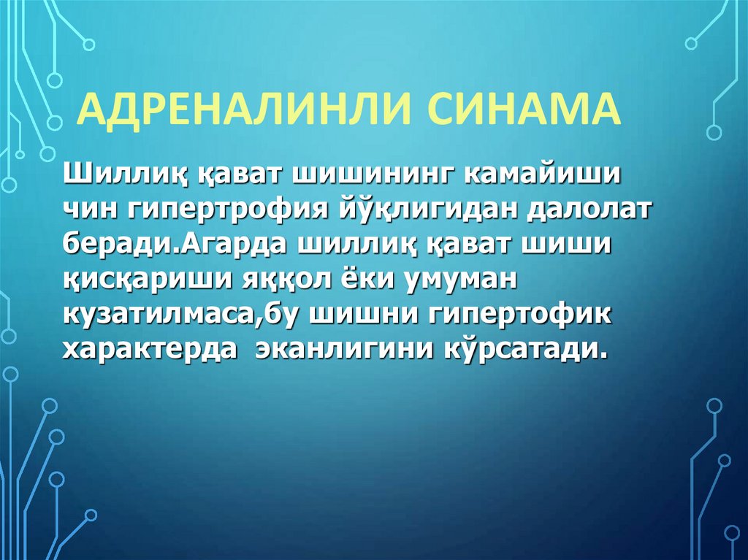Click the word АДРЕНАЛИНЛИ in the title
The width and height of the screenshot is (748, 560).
(x=242, y=109)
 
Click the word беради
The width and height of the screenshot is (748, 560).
(x=116, y=245)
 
